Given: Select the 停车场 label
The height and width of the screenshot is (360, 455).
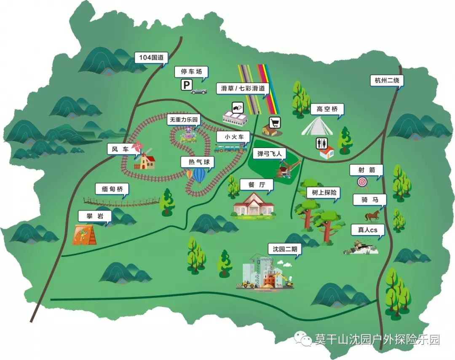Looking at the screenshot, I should coord(191,72).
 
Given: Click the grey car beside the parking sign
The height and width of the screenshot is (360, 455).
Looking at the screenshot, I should coord(198,90).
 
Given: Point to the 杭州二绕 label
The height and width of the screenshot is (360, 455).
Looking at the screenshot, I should coord(387,80).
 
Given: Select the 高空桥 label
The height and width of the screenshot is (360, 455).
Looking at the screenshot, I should coord(327,109).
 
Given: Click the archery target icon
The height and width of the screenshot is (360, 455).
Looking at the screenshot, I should coord(362,183).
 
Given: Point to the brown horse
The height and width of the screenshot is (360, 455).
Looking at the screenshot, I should coord(372,216).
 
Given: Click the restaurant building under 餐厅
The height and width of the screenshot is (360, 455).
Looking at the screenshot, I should coord(254,204).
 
